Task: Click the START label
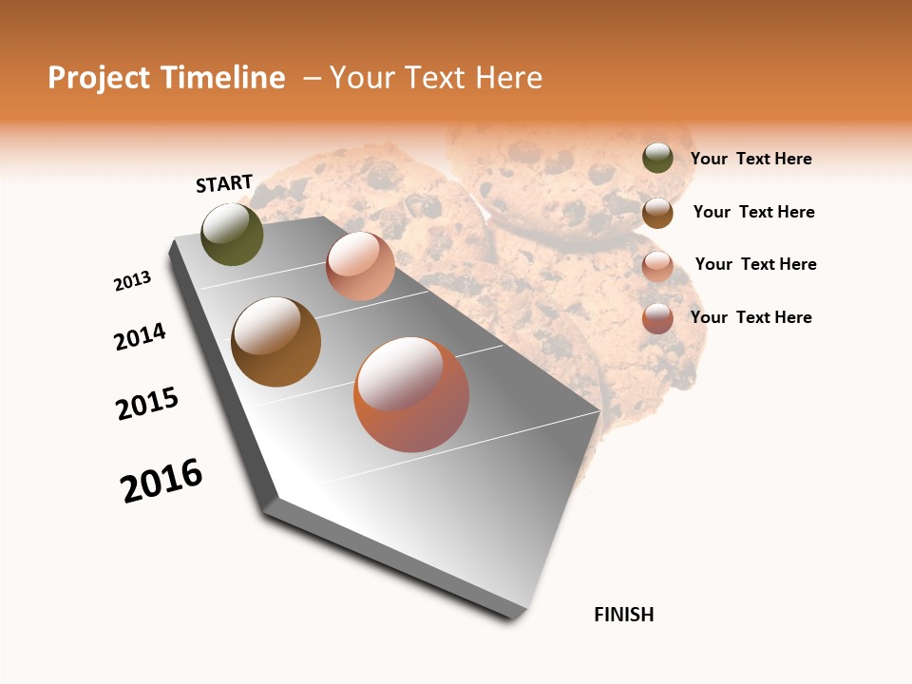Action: tap(224, 183)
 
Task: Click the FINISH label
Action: tap(624, 615)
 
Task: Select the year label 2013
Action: tap(133, 281)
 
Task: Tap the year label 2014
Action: tap(141, 336)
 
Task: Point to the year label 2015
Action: tap(147, 404)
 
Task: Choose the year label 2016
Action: tap(161, 481)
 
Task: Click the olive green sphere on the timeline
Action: tap(233, 235)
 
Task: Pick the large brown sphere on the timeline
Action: tap(276, 342)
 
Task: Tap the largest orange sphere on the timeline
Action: tap(411, 394)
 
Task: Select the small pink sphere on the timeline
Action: tap(360, 266)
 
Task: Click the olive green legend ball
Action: tap(657, 158)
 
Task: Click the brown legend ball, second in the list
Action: tap(657, 213)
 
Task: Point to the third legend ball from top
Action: tap(657, 266)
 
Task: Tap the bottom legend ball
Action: tap(657, 318)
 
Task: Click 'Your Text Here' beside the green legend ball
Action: tap(750, 159)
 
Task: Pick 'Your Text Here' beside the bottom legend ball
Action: tap(750, 317)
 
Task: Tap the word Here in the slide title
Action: tap(509, 78)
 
